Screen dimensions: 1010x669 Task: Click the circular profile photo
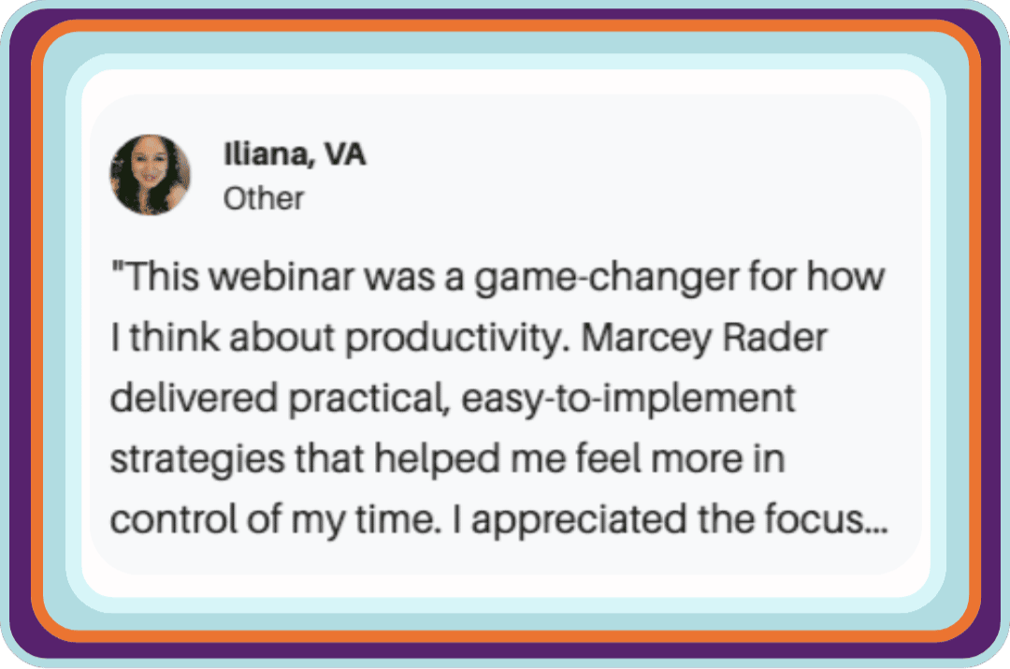[150, 175]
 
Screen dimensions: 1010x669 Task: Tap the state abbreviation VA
[344, 154]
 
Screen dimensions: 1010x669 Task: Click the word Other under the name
[264, 198]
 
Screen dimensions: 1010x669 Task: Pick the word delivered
[194, 398]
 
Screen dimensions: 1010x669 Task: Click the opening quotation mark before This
[117, 266]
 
